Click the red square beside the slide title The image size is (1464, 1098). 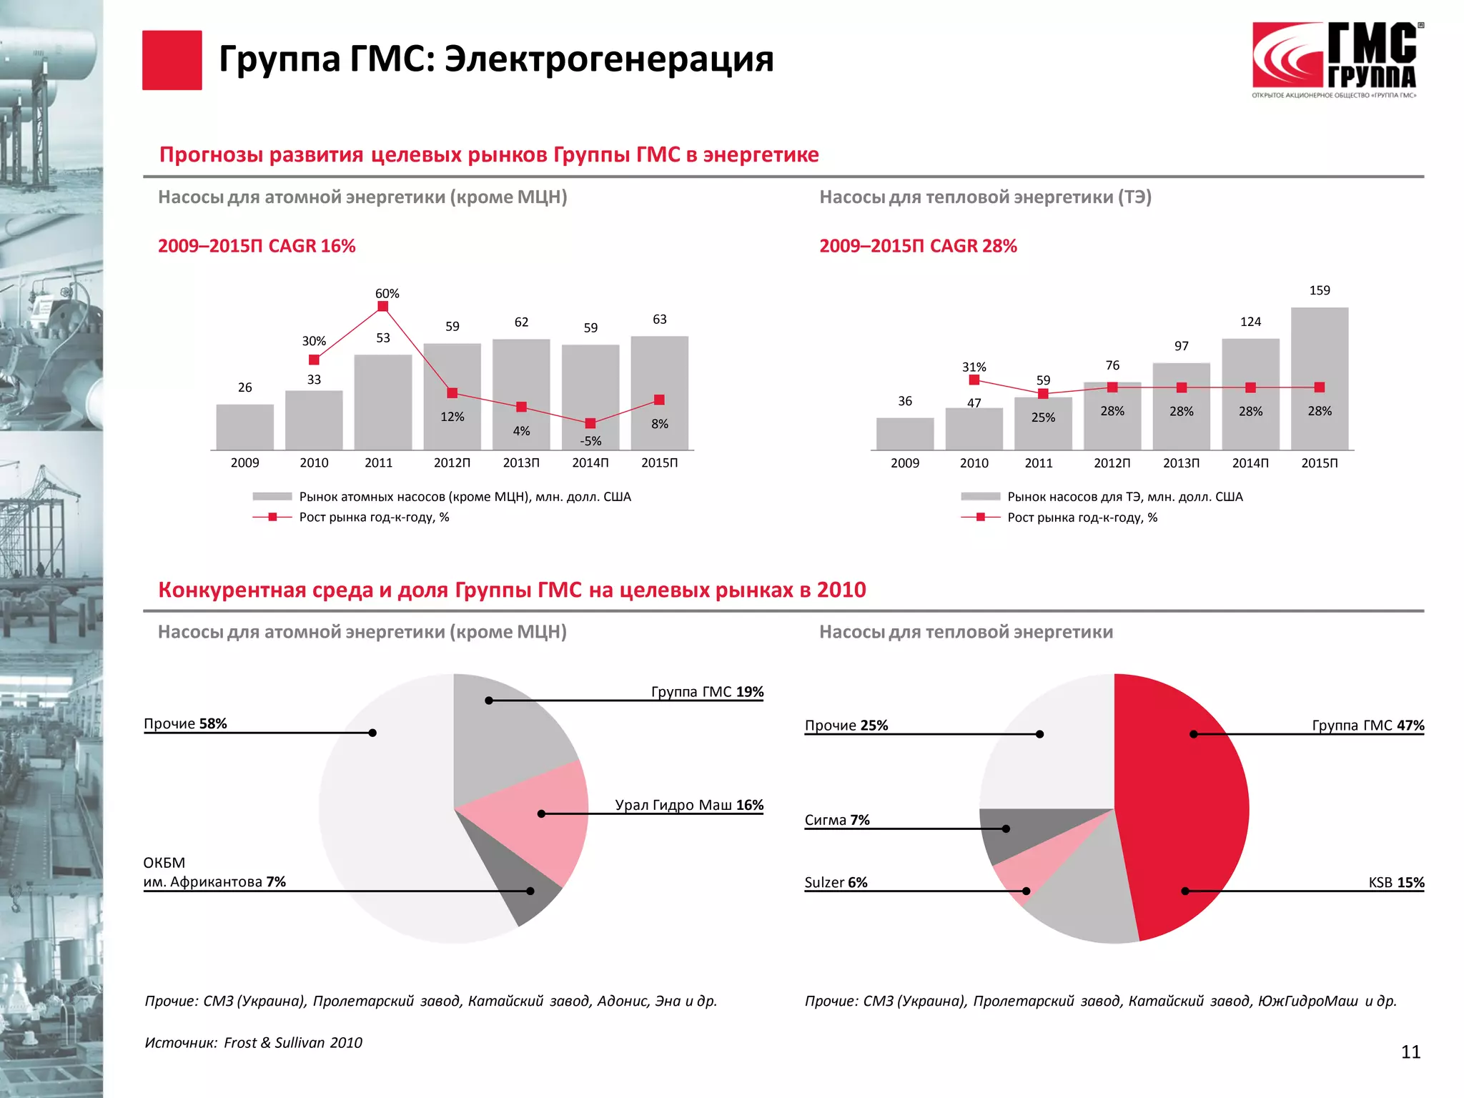pyautogui.click(x=172, y=60)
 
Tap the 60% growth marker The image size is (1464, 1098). pyautogui.click(x=382, y=307)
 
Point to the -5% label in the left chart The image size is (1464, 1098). pyautogui.click(x=590, y=441)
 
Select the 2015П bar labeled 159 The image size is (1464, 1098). pyautogui.click(x=1319, y=379)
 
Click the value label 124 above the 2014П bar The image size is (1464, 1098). pyautogui.click(x=1250, y=322)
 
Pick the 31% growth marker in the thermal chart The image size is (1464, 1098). pyautogui.click(x=974, y=380)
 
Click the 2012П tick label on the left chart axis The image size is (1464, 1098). pyautogui.click(x=452, y=463)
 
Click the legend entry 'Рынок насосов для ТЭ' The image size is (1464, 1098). pyautogui.click(x=1124, y=497)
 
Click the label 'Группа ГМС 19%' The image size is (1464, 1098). pyautogui.click(x=707, y=692)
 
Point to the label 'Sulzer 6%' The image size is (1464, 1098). pyautogui.click(x=836, y=883)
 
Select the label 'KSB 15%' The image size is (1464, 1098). pyautogui.click(x=1395, y=883)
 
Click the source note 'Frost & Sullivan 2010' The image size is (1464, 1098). pyautogui.click(x=293, y=1043)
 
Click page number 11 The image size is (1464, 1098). pyautogui.click(x=1410, y=1052)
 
